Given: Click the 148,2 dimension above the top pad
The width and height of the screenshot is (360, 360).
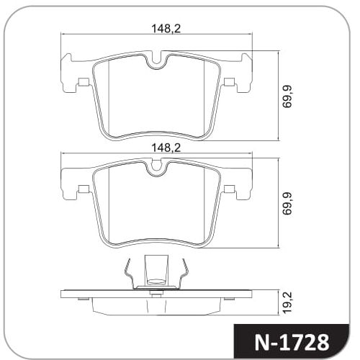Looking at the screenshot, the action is [166, 29].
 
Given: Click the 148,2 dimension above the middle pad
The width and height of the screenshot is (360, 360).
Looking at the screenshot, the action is [166, 148].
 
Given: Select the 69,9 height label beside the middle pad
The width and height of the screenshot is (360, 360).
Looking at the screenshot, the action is [287, 203].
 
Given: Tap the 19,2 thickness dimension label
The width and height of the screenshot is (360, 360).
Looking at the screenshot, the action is [287, 302].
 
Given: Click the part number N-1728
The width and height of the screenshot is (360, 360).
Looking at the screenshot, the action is [292, 343].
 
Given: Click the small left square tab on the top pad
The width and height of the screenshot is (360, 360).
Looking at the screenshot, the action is [84, 82].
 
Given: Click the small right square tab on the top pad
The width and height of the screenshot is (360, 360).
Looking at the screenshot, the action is [229, 82].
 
